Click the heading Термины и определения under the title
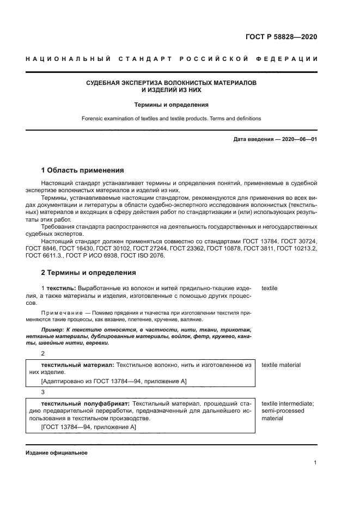172,105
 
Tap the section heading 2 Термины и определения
88,272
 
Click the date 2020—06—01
300,139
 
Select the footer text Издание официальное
56,453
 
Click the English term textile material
281,365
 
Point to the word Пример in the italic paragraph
53,330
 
